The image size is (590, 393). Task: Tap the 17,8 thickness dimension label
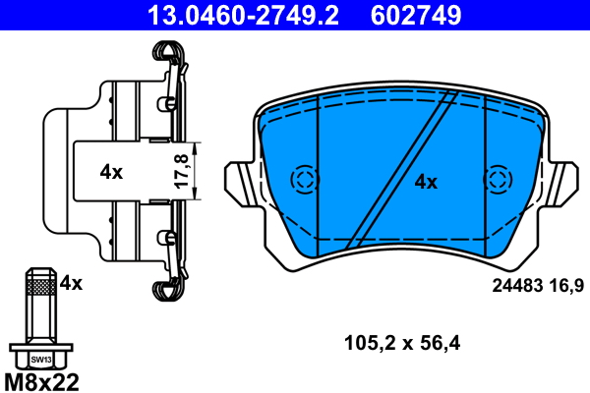coord(179,171)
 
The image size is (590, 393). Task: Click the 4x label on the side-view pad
coord(111,172)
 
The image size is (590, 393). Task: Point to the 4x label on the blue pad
coord(425,181)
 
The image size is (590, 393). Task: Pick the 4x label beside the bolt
coord(71,284)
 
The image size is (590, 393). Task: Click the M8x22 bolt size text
coord(42,380)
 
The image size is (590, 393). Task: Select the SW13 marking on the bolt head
coord(40,359)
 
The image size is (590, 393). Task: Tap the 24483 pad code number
coord(516,285)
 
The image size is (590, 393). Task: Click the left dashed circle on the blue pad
coord(305,180)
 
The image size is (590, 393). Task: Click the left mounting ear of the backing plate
coord(241,182)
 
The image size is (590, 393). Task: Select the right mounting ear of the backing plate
coord(563,182)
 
